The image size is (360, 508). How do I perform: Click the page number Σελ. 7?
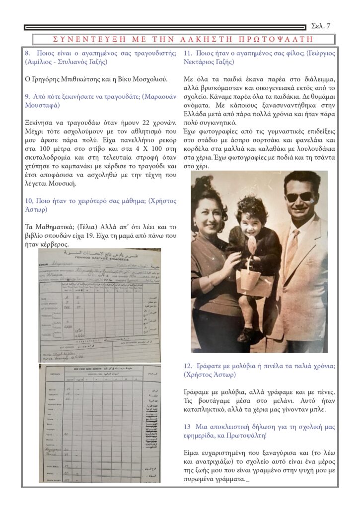320,26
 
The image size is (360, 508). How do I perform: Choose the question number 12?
188,366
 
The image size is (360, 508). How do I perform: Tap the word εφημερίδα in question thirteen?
202,436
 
